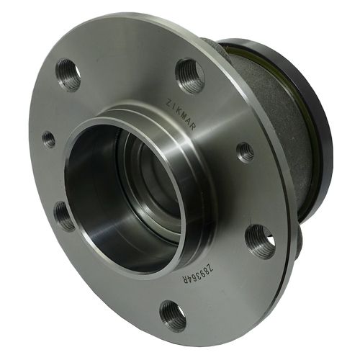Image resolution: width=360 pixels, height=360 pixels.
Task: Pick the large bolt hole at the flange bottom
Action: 173,315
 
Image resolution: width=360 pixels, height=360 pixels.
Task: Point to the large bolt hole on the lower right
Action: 260,240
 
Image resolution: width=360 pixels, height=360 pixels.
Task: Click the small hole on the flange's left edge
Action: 49,138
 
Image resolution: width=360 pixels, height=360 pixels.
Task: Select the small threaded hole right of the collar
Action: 246,152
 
